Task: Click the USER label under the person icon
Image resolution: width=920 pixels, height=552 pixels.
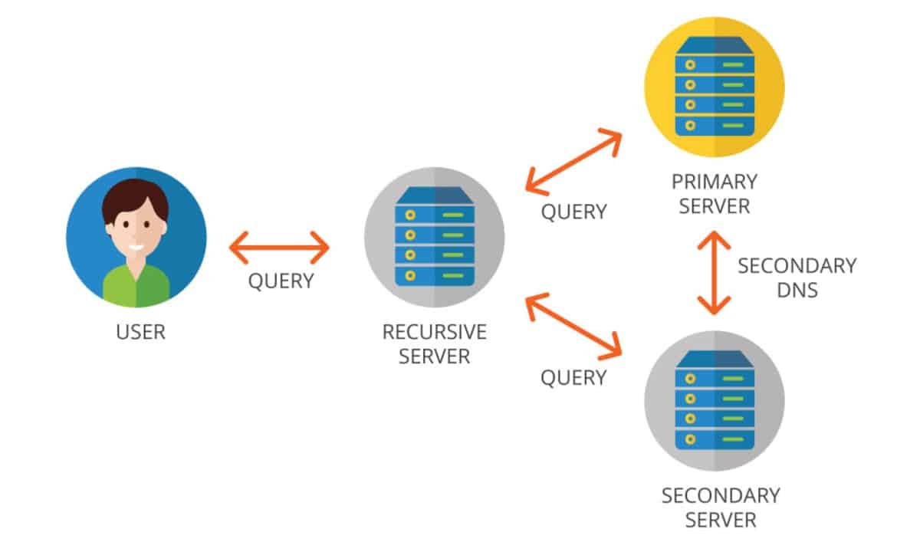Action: [140, 333]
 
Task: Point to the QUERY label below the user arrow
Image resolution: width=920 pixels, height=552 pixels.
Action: [281, 281]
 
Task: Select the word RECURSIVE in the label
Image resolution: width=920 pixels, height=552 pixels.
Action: [434, 333]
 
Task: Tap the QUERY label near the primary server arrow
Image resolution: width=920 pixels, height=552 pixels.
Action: [574, 212]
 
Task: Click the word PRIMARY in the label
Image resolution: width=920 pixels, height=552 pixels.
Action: [714, 182]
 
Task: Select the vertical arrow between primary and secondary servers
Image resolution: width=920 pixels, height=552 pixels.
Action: [714, 274]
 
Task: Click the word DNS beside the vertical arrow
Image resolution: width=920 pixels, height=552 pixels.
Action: [797, 290]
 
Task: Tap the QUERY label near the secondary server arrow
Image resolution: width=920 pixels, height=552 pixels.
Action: [573, 377]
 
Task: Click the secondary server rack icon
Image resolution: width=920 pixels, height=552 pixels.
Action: [715, 400]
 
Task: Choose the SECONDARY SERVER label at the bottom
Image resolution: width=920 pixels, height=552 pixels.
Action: [720, 508]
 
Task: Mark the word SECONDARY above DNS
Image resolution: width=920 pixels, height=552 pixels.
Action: [797, 266]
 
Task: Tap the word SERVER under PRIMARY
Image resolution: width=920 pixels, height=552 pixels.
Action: [714, 206]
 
